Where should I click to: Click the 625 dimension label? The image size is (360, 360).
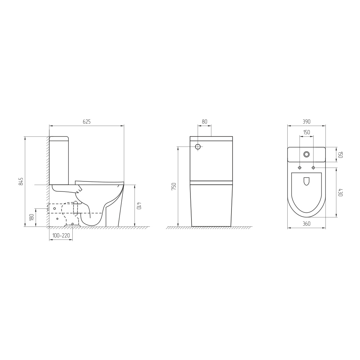(86, 122)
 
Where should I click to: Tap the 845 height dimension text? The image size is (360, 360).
(21, 181)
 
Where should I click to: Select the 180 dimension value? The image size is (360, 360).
(32, 217)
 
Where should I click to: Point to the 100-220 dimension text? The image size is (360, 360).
(61, 235)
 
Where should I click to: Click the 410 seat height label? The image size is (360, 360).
(139, 206)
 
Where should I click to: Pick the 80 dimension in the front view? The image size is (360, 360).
(204, 122)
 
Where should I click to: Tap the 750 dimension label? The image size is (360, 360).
(174, 186)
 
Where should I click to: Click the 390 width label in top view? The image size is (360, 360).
(306, 122)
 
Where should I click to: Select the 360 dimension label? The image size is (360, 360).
(306, 224)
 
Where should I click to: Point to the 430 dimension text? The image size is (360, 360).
(340, 192)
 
